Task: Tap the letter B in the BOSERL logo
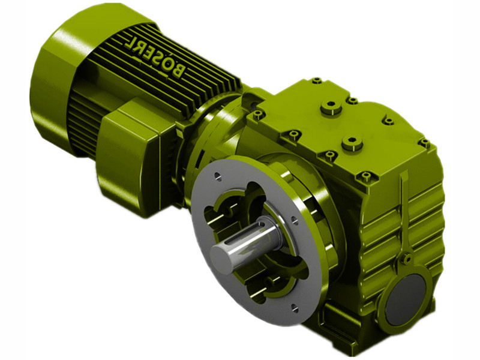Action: [x=177, y=71]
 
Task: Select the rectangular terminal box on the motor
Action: [x=138, y=156]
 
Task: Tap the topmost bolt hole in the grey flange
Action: [x=218, y=176]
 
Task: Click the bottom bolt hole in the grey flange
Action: [x=294, y=308]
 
